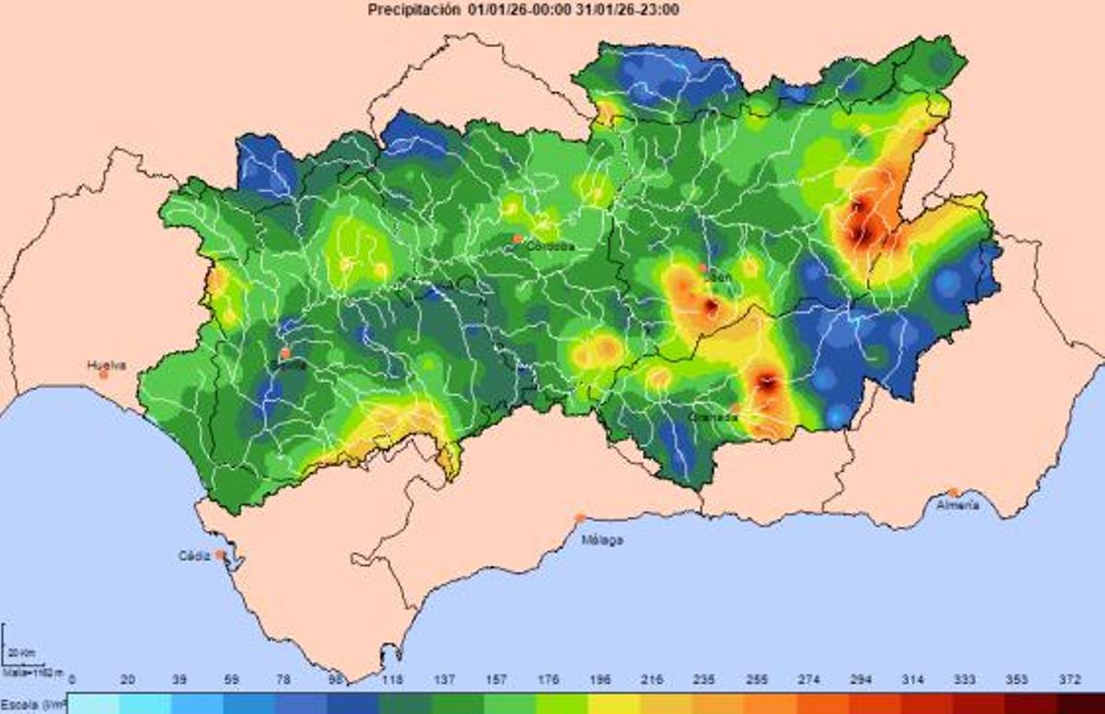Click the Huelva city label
coord(106,364)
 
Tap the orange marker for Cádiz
coord(220,555)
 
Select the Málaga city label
coord(601,540)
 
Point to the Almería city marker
coord(954,492)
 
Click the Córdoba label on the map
coord(551,247)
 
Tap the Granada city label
coord(713,417)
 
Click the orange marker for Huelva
coord(104,374)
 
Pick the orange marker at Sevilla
coord(285,353)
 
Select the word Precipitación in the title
coord(413,10)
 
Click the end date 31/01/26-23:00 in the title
coord(628,10)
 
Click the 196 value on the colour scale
coord(599,680)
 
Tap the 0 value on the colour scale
coord(72,680)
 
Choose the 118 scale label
coord(393,680)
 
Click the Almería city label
coord(957,505)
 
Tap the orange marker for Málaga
coord(580,518)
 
